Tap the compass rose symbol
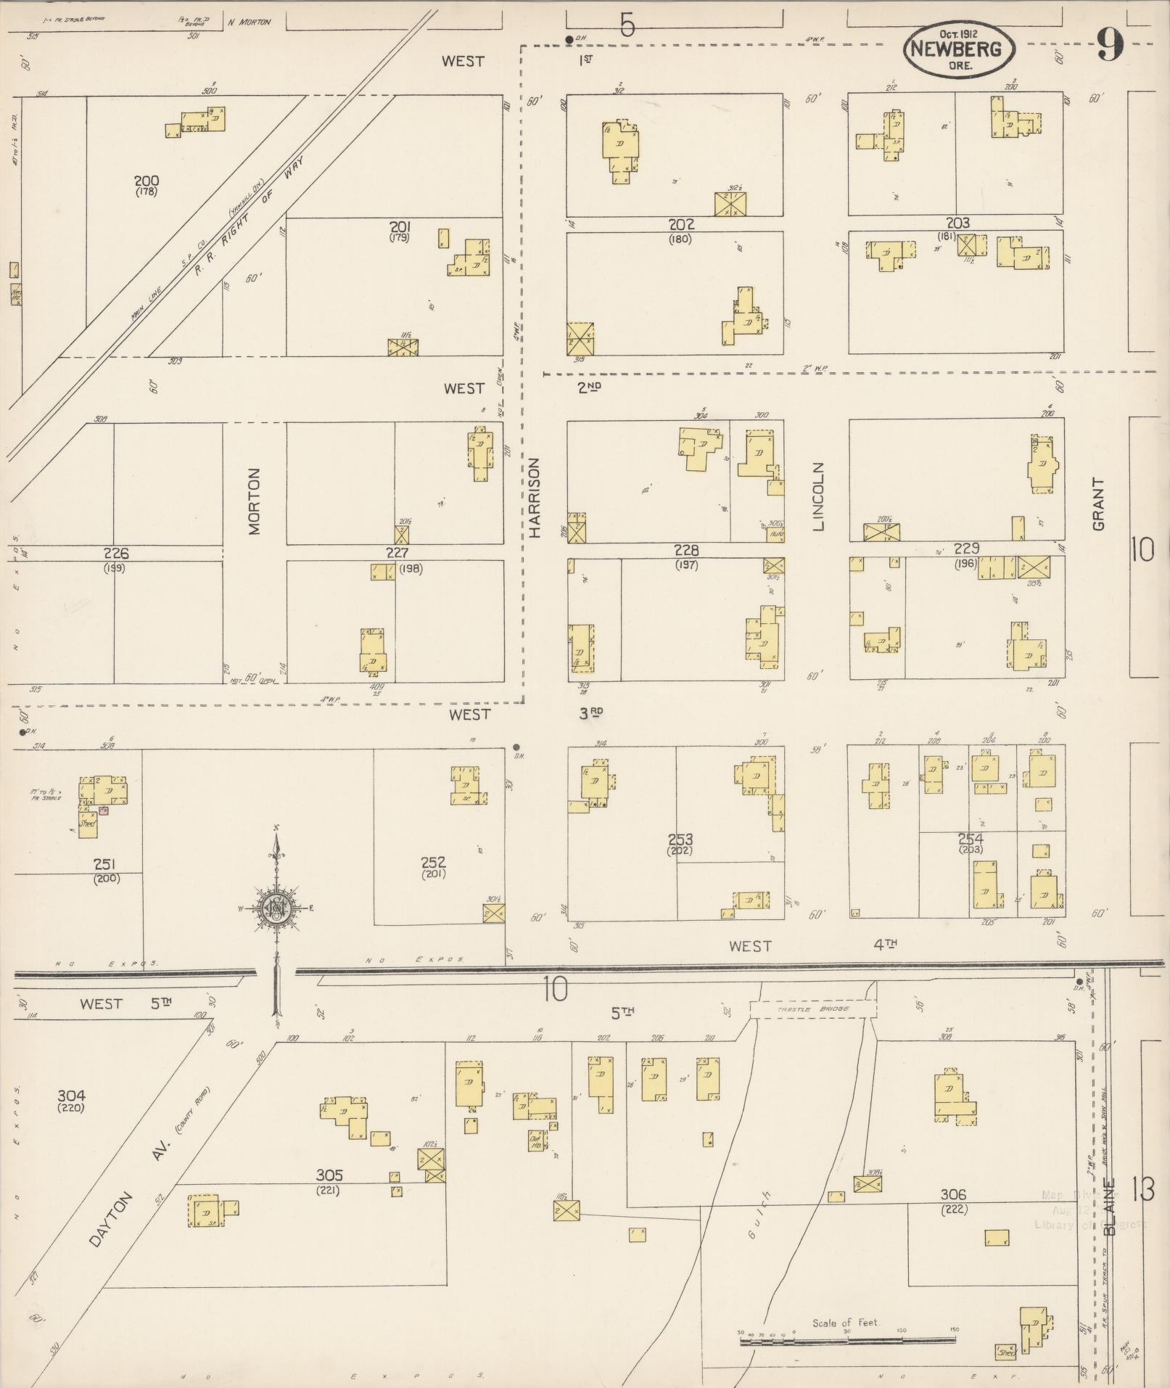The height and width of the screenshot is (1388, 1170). tap(276, 908)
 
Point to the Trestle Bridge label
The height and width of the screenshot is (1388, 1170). tap(813, 1009)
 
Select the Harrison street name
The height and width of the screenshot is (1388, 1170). tap(535, 498)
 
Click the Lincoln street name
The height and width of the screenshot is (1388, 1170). tap(819, 497)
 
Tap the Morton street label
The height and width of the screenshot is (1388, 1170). tap(254, 501)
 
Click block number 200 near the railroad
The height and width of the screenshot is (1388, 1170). tap(146, 181)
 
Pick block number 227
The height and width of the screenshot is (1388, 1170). tap(397, 554)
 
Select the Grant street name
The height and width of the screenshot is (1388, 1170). tap(1097, 504)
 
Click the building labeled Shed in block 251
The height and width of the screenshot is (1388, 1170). tap(88, 824)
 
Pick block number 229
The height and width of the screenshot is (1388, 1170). tap(966, 549)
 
